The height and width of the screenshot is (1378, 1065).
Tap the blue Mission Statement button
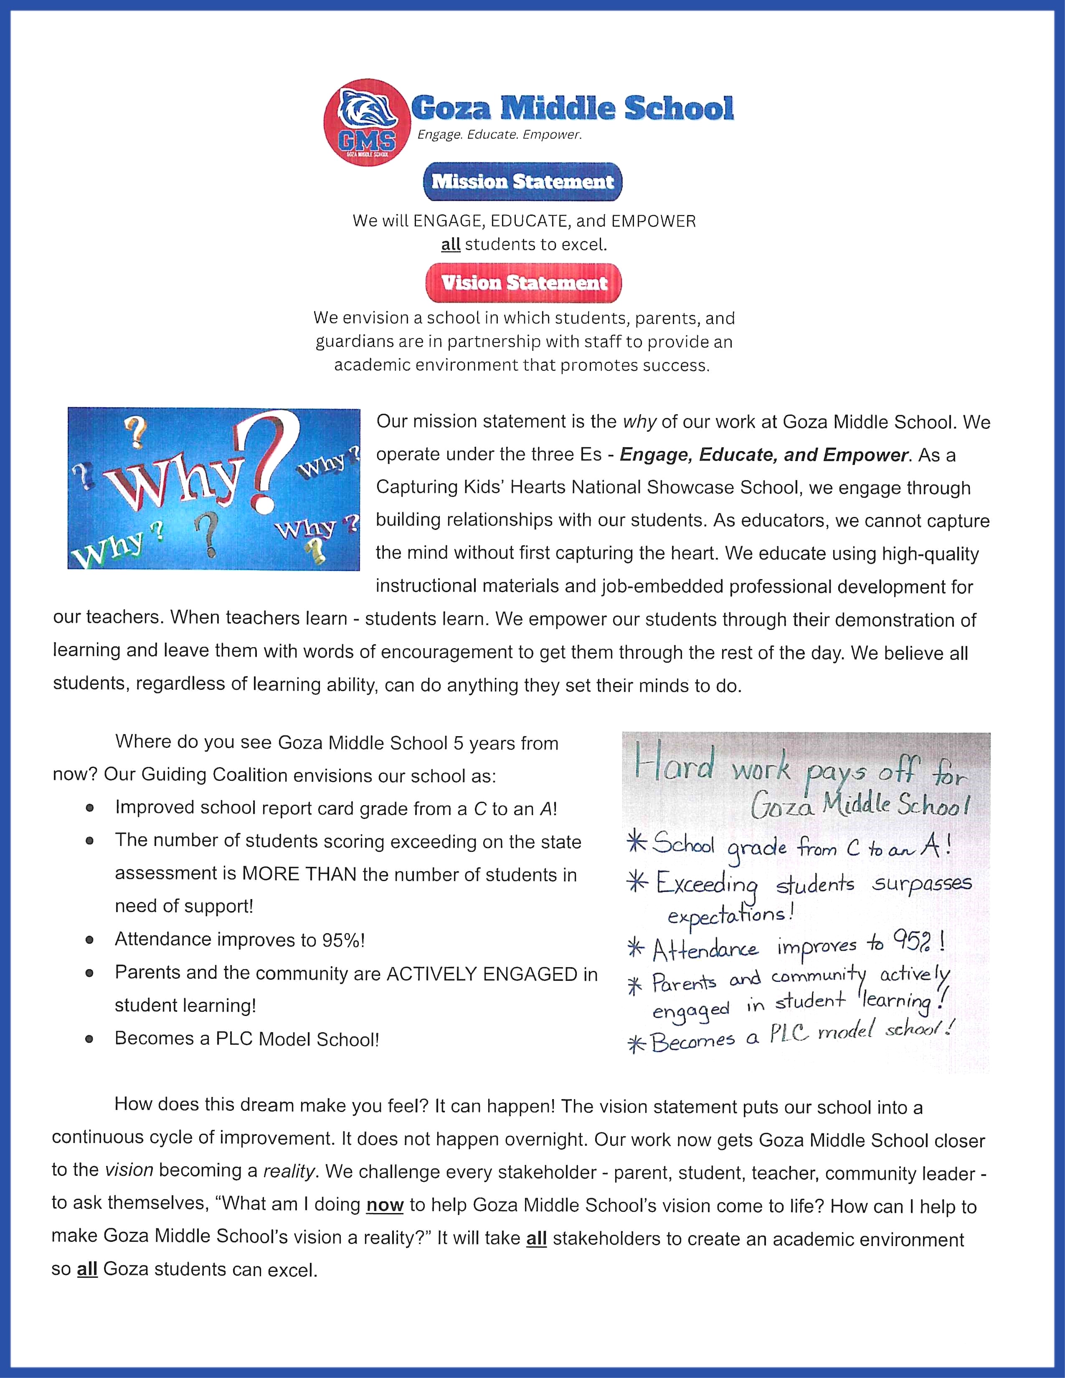point(522,182)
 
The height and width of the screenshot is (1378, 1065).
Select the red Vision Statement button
point(524,283)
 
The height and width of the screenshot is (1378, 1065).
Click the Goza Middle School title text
point(572,109)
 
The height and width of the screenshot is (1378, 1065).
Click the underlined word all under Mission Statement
point(451,245)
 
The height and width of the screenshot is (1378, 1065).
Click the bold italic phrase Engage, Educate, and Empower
point(764,455)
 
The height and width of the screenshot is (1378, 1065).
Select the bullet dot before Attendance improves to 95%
point(90,940)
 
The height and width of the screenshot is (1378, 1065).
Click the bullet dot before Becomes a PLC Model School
point(90,1039)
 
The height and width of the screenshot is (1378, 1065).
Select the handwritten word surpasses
point(922,884)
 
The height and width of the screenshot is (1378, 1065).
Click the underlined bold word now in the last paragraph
point(384,1205)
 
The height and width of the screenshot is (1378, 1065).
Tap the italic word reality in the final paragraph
point(288,1172)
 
